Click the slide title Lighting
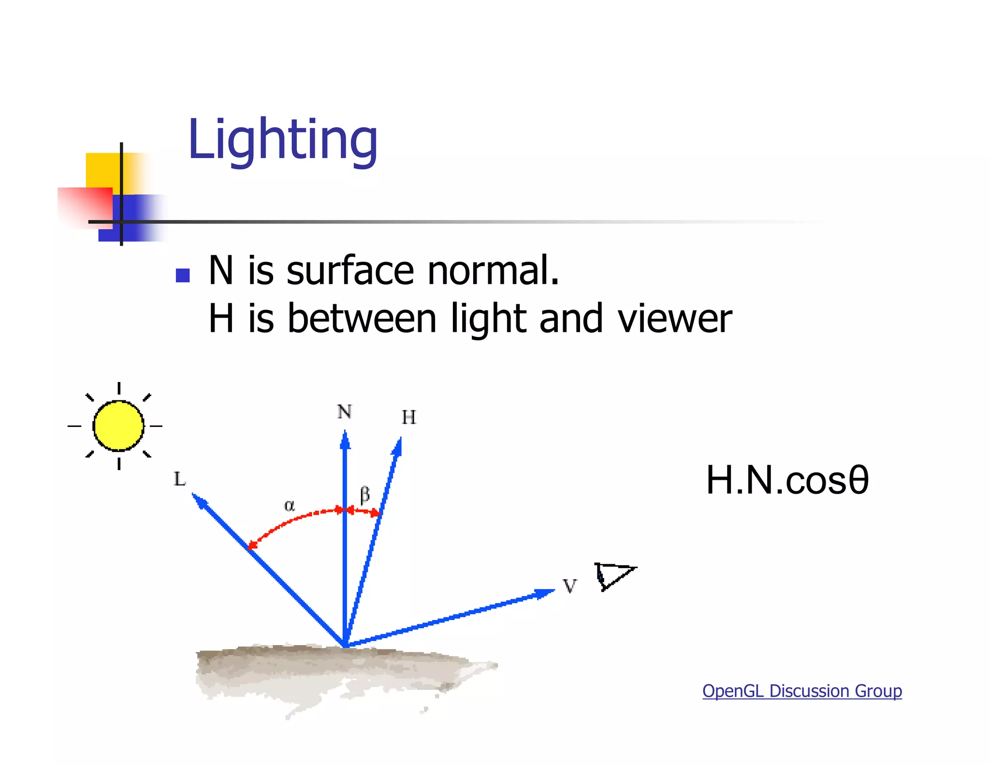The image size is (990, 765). tap(282, 140)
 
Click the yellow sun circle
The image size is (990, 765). tap(118, 426)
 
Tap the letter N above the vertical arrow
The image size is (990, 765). tap(344, 412)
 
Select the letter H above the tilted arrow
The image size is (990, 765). tap(408, 417)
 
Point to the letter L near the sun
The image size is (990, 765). tap(179, 479)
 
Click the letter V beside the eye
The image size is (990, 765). tap(570, 586)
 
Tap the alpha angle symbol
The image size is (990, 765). tap(289, 506)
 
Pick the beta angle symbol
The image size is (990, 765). tap(365, 495)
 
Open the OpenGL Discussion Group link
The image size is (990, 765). tap(802, 691)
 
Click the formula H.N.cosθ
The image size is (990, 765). tap(787, 480)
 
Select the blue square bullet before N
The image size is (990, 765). tap(182, 275)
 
